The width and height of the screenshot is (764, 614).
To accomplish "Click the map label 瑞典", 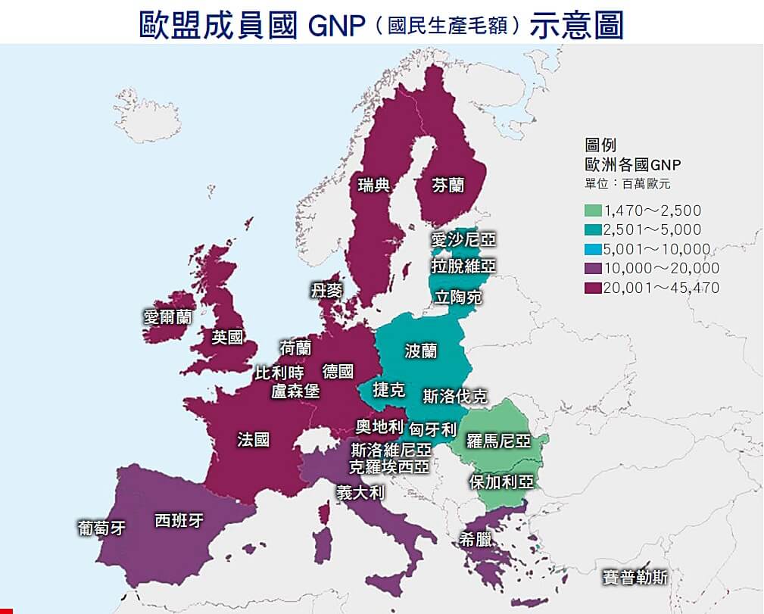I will pyautogui.click(x=374, y=185).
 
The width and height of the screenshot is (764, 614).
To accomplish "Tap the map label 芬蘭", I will pyautogui.click(x=448, y=185).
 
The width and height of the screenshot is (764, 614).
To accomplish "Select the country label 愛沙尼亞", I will pyautogui.click(x=463, y=240).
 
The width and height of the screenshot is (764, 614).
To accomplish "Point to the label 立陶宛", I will pyautogui.click(x=458, y=297).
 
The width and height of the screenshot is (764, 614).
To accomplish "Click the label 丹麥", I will pyautogui.click(x=326, y=291).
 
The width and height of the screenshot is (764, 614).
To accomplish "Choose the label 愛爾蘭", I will pyautogui.click(x=167, y=316).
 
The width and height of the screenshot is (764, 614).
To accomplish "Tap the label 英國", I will pyautogui.click(x=227, y=337).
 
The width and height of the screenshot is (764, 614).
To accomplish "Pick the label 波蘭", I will pyautogui.click(x=421, y=351).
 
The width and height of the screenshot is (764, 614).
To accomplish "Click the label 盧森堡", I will pyautogui.click(x=295, y=391).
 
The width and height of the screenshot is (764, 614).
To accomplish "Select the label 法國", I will pyautogui.click(x=253, y=439).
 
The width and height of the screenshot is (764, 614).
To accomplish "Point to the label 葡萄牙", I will pyautogui.click(x=101, y=527).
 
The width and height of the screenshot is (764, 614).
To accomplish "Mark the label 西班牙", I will pyautogui.click(x=179, y=521).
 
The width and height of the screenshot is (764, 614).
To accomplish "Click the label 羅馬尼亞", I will pyautogui.click(x=498, y=441).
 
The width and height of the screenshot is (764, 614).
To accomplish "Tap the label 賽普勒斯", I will pyautogui.click(x=635, y=577).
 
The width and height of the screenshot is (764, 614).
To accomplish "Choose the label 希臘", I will pyautogui.click(x=476, y=539).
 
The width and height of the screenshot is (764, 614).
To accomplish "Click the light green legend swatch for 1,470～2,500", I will pyautogui.click(x=593, y=210).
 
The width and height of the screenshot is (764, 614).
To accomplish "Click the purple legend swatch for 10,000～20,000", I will pyautogui.click(x=593, y=268).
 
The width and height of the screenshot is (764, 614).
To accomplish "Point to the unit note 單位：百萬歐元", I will pyautogui.click(x=627, y=183).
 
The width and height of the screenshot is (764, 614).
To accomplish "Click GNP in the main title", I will pyautogui.click(x=338, y=25).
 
